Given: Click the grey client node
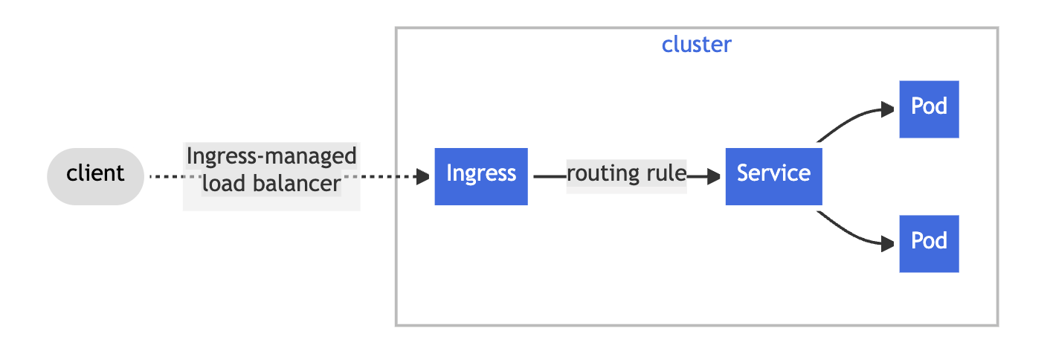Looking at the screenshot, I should point(95,176).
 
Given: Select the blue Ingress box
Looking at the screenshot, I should point(480,176).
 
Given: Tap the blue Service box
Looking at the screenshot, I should point(773,176).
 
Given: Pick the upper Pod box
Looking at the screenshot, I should point(929,109).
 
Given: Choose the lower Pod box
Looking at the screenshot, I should point(929,243).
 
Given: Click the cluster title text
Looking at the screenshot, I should point(696,45).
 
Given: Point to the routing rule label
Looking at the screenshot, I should point(626,175).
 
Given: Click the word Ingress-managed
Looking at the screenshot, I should point(271,157).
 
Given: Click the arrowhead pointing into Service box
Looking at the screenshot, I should point(715,176).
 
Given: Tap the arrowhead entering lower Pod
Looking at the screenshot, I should point(887,243).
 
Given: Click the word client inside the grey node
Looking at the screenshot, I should point(95,174).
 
